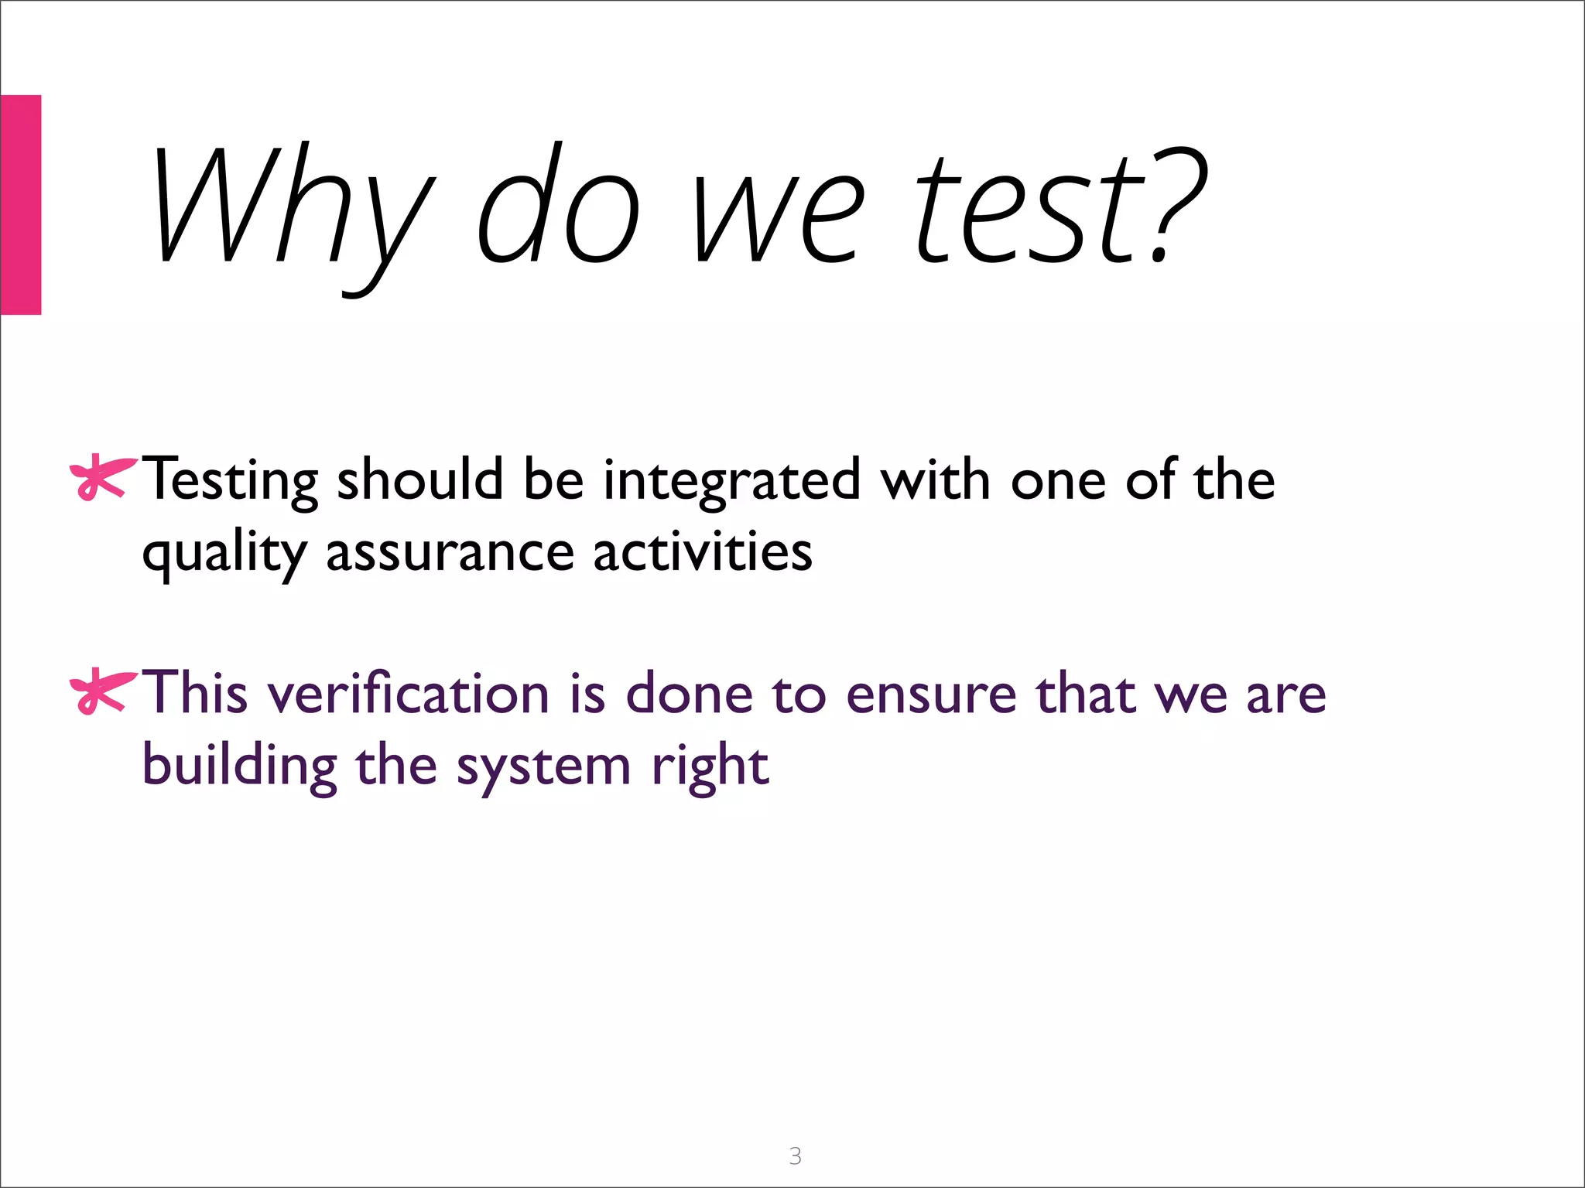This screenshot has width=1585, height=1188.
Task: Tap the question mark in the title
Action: (x=1176, y=205)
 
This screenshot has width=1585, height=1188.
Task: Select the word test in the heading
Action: (x=1029, y=209)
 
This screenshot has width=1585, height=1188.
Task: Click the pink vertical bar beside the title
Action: (x=20, y=205)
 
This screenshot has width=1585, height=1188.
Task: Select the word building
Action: (x=239, y=766)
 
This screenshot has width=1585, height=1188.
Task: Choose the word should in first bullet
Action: (x=420, y=480)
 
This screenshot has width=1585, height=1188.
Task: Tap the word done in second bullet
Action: (x=689, y=693)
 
